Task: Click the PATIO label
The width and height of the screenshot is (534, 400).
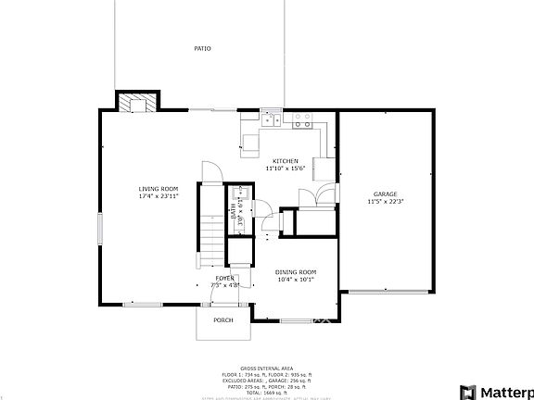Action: (x=201, y=48)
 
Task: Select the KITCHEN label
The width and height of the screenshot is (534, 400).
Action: (x=284, y=161)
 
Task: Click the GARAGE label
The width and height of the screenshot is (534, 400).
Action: (x=385, y=194)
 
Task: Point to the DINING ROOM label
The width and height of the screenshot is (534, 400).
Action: (x=296, y=271)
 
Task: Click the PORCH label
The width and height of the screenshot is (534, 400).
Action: (x=222, y=319)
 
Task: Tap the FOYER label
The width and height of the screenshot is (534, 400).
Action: (x=224, y=278)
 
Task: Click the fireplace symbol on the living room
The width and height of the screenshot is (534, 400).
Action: (x=138, y=102)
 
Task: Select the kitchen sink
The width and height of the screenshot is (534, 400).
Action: (x=272, y=119)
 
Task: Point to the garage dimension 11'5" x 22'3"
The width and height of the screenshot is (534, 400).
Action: (x=385, y=201)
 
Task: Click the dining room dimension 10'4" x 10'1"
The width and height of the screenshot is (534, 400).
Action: (x=296, y=279)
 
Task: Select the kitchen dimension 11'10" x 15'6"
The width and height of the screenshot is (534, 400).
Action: (x=284, y=169)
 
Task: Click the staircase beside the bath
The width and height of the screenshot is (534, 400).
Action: (x=210, y=227)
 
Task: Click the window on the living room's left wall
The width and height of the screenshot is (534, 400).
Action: (x=99, y=228)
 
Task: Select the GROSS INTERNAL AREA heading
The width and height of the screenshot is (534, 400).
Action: (x=266, y=368)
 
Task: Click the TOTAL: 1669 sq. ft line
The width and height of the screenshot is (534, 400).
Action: (x=266, y=394)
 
